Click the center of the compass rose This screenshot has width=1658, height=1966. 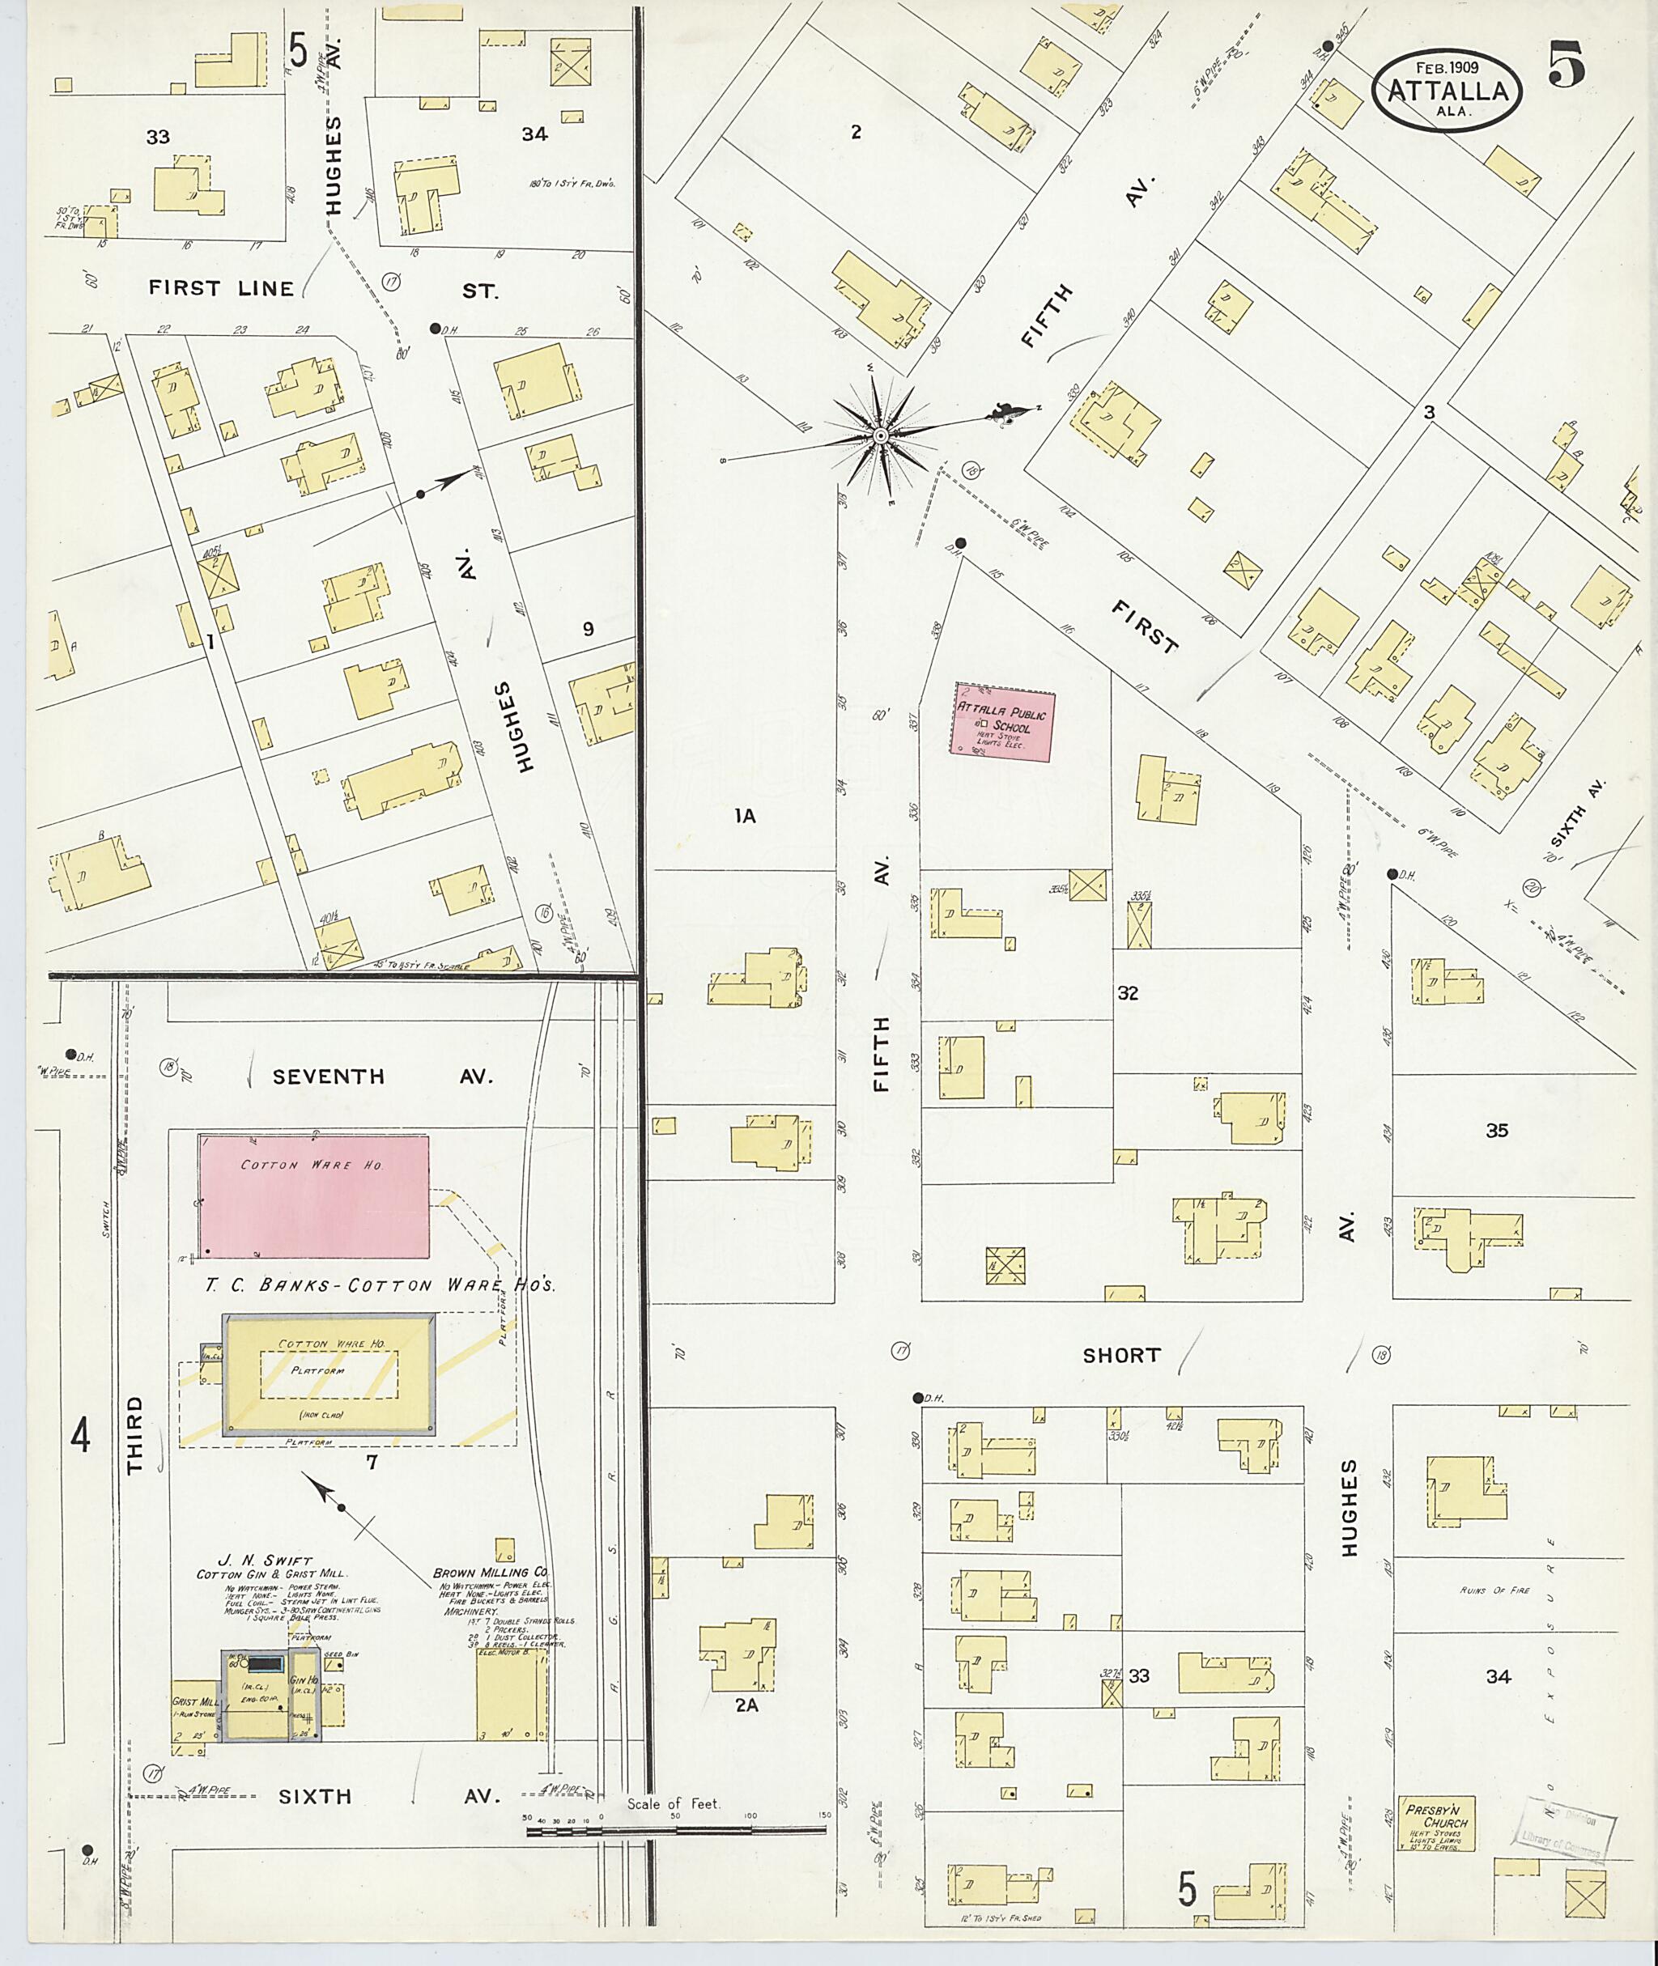(x=880, y=436)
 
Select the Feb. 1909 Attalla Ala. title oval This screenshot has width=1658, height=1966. (x=1447, y=90)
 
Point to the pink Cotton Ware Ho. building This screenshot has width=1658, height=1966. (x=313, y=1196)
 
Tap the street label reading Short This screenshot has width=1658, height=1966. (x=1121, y=1356)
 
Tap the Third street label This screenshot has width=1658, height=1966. (x=135, y=1434)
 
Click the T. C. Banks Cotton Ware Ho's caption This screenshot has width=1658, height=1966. (x=380, y=1285)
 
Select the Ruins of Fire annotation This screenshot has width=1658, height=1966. (x=1494, y=1590)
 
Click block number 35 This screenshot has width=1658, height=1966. (x=1496, y=1131)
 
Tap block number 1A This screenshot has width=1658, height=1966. (x=746, y=817)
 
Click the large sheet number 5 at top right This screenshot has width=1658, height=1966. (x=1566, y=65)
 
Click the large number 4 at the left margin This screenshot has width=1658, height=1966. (x=81, y=1435)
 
